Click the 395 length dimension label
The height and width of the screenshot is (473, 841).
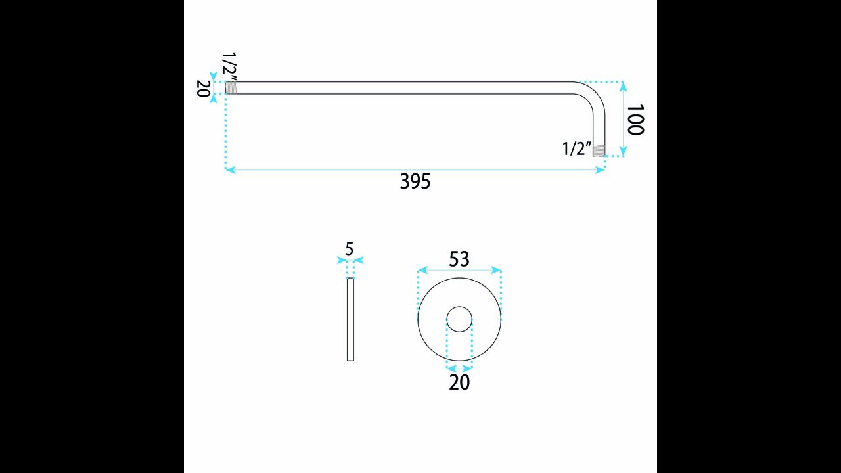click(x=415, y=182)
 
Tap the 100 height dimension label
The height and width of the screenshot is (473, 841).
click(x=635, y=120)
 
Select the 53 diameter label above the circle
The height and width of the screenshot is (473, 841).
click(x=459, y=259)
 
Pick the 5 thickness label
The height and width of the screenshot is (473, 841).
click(x=350, y=249)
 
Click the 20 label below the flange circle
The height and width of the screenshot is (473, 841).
click(x=459, y=382)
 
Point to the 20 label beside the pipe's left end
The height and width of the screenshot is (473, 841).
click(x=203, y=88)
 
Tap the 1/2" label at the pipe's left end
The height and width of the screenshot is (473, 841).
click(x=229, y=66)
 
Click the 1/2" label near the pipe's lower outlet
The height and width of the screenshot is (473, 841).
click(x=577, y=148)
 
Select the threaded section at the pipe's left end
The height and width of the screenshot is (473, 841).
click(x=231, y=88)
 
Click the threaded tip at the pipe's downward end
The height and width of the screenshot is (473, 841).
click(x=599, y=150)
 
